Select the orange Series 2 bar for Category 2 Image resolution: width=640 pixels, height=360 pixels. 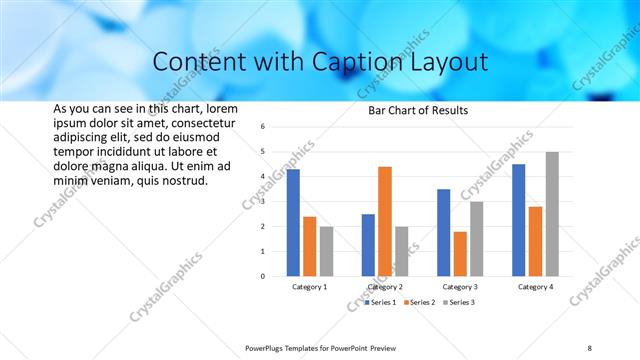[x=385, y=221]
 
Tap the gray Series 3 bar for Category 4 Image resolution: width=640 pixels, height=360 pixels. [x=552, y=214]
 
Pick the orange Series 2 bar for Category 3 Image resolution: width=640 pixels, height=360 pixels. [x=460, y=254]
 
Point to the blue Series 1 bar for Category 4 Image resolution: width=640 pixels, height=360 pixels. [x=518, y=220]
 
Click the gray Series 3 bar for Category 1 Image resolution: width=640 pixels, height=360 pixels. [x=326, y=251]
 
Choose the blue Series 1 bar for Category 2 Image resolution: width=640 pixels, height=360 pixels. [x=368, y=245]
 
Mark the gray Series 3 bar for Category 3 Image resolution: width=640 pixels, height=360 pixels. [x=477, y=239]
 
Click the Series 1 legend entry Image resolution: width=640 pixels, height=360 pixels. [x=381, y=302]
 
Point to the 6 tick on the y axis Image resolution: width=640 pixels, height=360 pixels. [x=261, y=127]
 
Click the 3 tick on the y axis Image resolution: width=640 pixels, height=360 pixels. [x=261, y=202]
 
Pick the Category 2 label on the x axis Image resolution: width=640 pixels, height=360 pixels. [x=385, y=287]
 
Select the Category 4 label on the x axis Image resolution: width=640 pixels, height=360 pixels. [x=535, y=287]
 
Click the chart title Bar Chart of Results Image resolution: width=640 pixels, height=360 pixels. [x=412, y=110]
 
